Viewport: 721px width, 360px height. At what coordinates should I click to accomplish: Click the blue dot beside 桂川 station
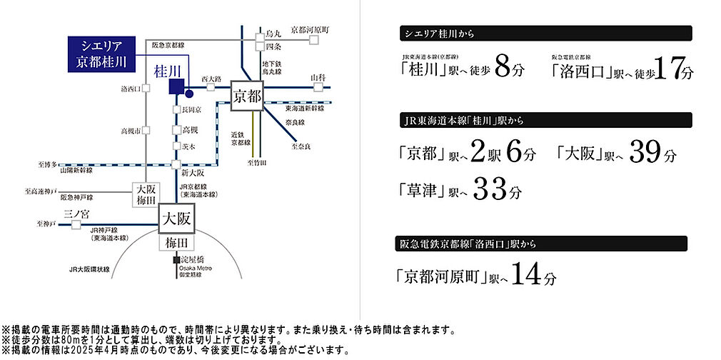click(189, 93)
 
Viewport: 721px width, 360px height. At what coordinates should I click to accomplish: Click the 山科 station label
click(318, 77)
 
